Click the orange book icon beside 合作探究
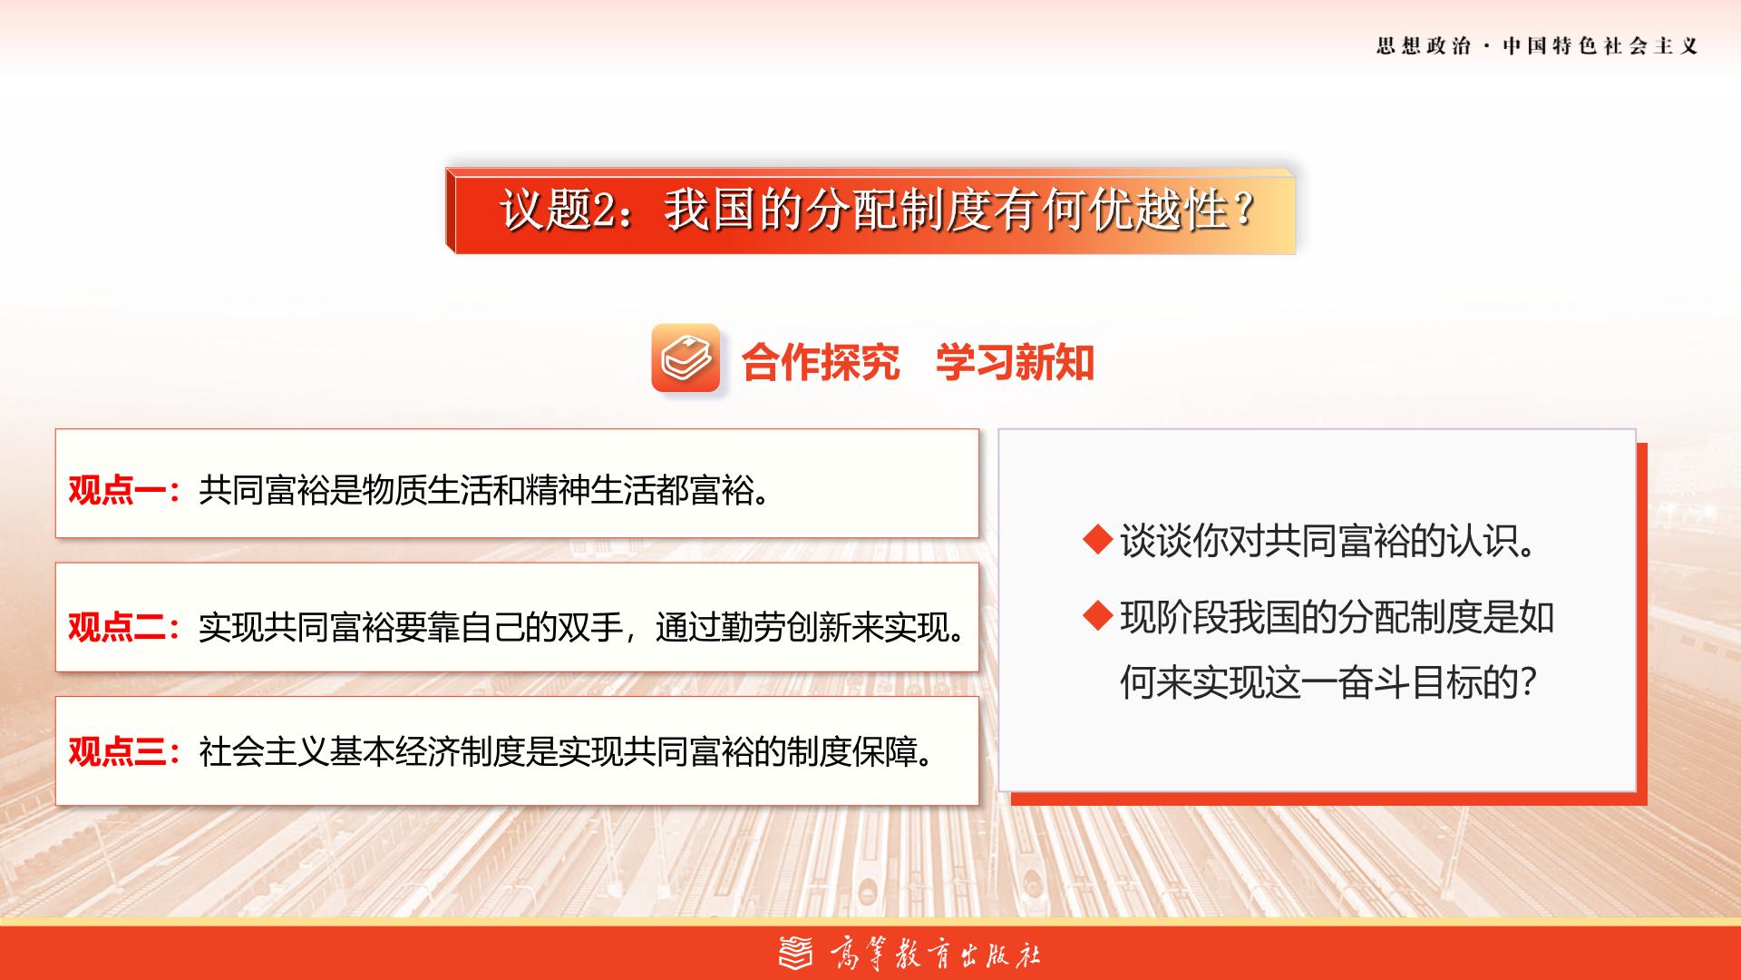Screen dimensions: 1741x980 pyautogui.click(x=686, y=358)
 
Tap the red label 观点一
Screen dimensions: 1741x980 pyautogui.click(x=117, y=491)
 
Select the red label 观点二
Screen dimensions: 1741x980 pyautogui.click(x=117, y=626)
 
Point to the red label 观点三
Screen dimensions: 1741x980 pyautogui.click(x=117, y=751)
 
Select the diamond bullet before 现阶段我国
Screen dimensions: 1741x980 pyautogui.click(x=1098, y=616)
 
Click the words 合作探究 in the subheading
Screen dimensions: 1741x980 pyautogui.click(x=821, y=362)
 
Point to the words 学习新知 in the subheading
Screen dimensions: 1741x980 pyautogui.click(x=1016, y=362)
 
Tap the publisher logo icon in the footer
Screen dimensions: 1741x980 pyautogui.click(x=797, y=953)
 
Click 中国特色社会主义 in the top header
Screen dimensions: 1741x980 pyautogui.click(x=1600, y=45)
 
